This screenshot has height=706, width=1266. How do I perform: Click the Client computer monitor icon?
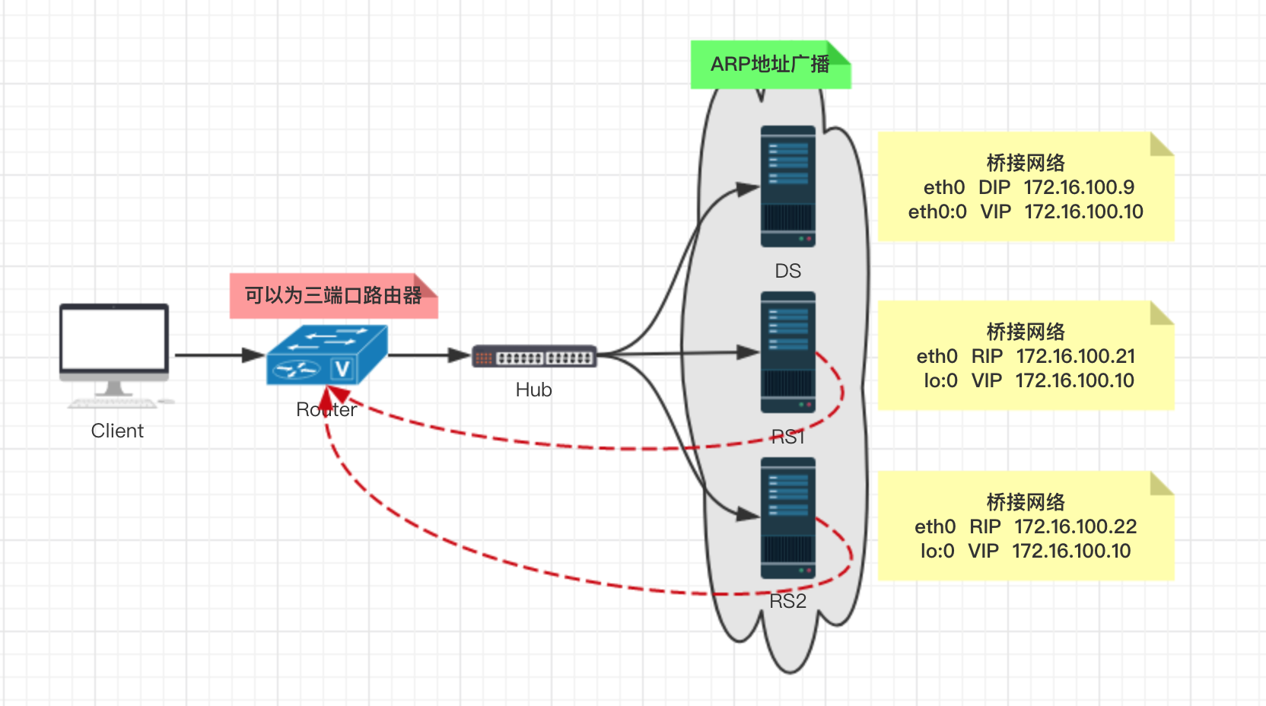point(114,346)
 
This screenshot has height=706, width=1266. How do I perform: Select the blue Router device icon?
point(327,355)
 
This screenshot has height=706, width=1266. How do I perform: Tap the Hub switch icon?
point(534,356)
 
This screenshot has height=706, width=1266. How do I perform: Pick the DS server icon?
point(787,186)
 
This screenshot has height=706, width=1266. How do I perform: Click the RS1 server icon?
point(787,352)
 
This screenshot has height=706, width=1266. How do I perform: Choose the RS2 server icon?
point(787,517)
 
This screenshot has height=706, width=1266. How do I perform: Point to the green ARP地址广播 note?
point(770,65)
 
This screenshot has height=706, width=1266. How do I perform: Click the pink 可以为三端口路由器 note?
point(333,295)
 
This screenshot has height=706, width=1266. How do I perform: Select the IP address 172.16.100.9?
point(1079,187)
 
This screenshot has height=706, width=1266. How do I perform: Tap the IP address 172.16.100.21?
point(1075,356)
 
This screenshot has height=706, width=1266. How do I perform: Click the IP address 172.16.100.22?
point(1075,526)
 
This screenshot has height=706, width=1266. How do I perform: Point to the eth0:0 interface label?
point(937,211)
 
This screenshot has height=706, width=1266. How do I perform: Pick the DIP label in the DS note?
point(994,187)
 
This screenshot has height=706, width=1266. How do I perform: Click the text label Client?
point(117,431)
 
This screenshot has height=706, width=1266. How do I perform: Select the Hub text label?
point(533,390)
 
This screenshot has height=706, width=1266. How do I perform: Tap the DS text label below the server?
point(787,271)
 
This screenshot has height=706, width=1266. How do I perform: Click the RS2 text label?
point(787,601)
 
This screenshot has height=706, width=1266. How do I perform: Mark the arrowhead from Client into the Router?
point(254,355)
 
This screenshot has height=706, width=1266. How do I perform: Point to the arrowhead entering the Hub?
point(460,355)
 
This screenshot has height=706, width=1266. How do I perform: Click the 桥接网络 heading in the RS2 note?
point(1026,502)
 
